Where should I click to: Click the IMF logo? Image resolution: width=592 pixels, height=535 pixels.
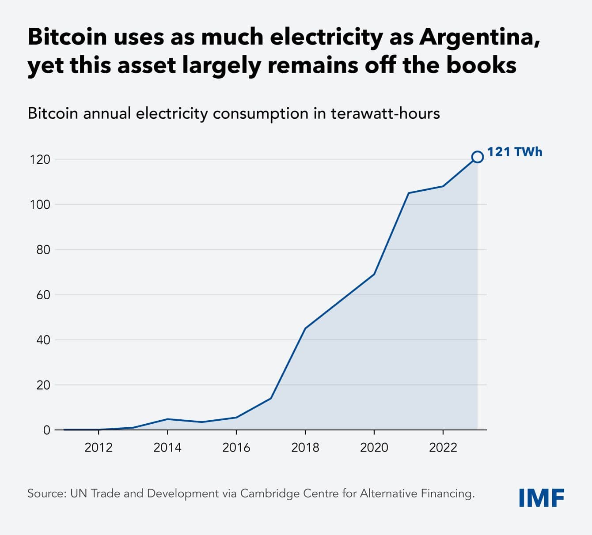pos(542,498)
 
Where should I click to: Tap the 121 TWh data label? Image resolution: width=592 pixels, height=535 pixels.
pos(514,152)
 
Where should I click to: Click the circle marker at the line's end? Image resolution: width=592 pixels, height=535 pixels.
pos(477,157)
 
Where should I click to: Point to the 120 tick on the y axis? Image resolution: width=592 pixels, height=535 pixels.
pos(40,159)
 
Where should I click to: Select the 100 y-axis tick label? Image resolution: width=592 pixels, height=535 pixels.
pos(40,205)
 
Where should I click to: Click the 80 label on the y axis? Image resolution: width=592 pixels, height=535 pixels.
pos(43,250)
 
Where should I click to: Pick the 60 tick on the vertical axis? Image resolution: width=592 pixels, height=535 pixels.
pos(43,295)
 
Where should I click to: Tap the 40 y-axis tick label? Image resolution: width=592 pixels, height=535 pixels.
pos(43,340)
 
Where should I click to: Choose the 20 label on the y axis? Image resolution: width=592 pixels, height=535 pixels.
pos(43,385)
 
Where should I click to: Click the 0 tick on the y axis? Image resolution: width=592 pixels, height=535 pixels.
pos(46,430)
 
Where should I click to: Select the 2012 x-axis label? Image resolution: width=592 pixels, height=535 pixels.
pos(99,448)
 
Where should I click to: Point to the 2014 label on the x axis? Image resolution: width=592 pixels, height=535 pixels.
pos(167,448)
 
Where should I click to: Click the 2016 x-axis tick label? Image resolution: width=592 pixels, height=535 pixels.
pos(236,448)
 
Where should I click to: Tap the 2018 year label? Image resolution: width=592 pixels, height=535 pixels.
pos(305,448)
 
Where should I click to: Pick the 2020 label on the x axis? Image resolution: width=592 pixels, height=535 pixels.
pos(374,448)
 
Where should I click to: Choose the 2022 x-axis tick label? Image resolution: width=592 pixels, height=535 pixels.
pos(443,448)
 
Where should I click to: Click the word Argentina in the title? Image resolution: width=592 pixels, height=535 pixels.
pos(479,37)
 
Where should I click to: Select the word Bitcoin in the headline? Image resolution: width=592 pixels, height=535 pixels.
pos(67,37)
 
